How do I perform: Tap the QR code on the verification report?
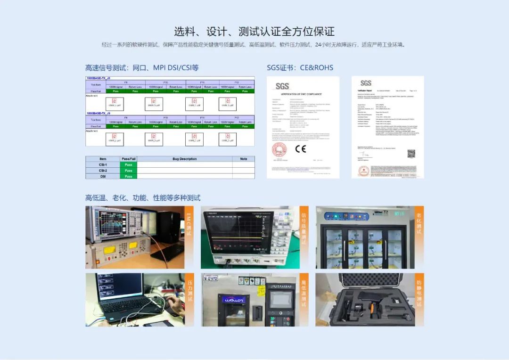tap(411, 154)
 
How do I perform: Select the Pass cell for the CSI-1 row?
tap(128, 165)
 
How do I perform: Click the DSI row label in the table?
tap(103, 176)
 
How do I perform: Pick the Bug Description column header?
tap(185, 159)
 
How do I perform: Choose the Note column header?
tap(243, 159)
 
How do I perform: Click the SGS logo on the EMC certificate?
tap(282, 86)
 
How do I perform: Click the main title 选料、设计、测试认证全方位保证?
tap(254, 32)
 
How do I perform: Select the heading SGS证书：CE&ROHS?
tap(300, 68)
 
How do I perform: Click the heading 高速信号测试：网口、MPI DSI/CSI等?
tap(142, 68)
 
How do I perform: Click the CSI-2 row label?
tap(103, 171)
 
